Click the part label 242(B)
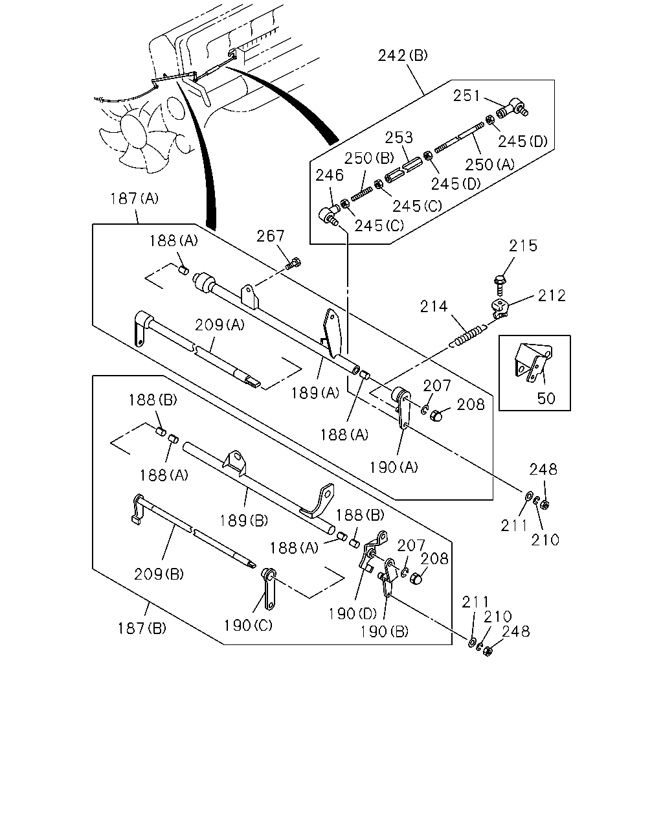tap(403, 56)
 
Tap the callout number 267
tap(271, 236)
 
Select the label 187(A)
tap(134, 199)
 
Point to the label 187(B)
tap(142, 628)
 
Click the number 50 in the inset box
tap(546, 398)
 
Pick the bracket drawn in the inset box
tap(533, 361)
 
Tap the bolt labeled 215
tap(499, 285)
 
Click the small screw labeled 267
tap(293, 265)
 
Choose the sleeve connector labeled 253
tap(403, 169)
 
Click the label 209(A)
tap(219, 325)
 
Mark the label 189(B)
tap(243, 521)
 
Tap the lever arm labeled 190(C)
tap(269, 589)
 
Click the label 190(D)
tap(352, 614)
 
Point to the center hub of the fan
tap(133, 132)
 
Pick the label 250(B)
tap(369, 158)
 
